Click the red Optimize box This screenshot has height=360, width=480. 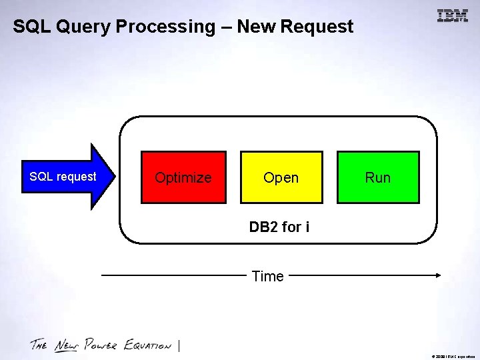(183, 177)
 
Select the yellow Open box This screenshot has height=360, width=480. (281, 177)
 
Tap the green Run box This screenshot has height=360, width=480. (378, 177)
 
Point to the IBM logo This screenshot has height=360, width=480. (453, 16)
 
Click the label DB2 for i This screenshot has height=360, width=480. (279, 227)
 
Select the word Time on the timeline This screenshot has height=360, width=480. (267, 276)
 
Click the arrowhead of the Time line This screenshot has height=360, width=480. (438, 275)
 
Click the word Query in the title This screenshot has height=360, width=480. (83, 27)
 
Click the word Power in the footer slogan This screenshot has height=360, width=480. (101, 345)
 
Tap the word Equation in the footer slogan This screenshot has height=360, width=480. (149, 345)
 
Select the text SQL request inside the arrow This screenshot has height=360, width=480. (63, 177)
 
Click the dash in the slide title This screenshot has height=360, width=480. (226, 27)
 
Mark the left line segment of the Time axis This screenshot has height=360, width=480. (173, 275)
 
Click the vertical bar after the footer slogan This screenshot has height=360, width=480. (180, 345)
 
